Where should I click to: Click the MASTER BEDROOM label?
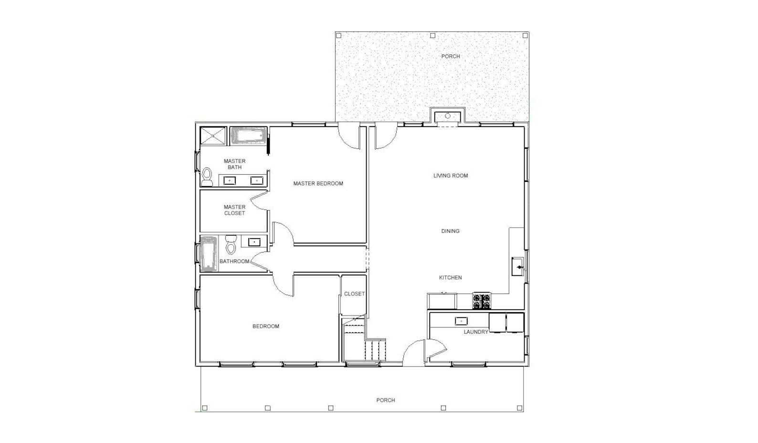(x=318, y=183)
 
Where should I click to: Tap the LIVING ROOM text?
(x=451, y=176)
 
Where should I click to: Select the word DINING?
(x=450, y=231)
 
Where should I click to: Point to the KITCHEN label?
(x=450, y=277)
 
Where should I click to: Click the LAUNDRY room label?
(x=476, y=332)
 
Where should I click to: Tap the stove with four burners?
(x=481, y=301)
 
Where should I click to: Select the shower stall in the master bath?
(x=212, y=136)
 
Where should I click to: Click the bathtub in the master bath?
(x=248, y=136)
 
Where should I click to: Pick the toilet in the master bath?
(x=207, y=177)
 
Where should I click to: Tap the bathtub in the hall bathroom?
(x=209, y=253)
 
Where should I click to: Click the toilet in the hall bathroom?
(x=231, y=244)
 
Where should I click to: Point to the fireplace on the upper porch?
(x=448, y=116)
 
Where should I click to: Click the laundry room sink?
(x=461, y=321)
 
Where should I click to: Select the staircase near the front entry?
(x=365, y=341)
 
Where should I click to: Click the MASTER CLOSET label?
(x=234, y=210)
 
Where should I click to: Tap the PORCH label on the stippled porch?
(x=451, y=56)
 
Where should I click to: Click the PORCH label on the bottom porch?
(x=386, y=400)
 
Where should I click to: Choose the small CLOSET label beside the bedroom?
(x=354, y=294)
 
